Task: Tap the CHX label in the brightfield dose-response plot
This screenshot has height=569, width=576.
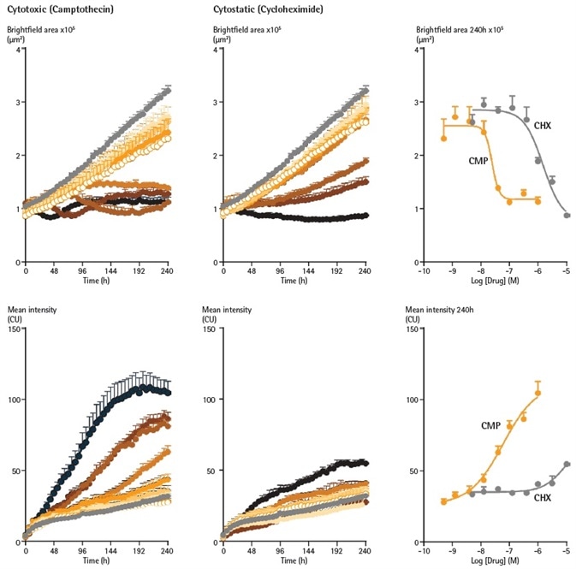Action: click(542, 126)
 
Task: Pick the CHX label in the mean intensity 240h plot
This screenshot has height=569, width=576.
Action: click(542, 496)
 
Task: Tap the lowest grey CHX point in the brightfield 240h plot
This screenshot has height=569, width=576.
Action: click(567, 216)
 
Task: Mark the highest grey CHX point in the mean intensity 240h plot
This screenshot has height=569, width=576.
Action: click(567, 464)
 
